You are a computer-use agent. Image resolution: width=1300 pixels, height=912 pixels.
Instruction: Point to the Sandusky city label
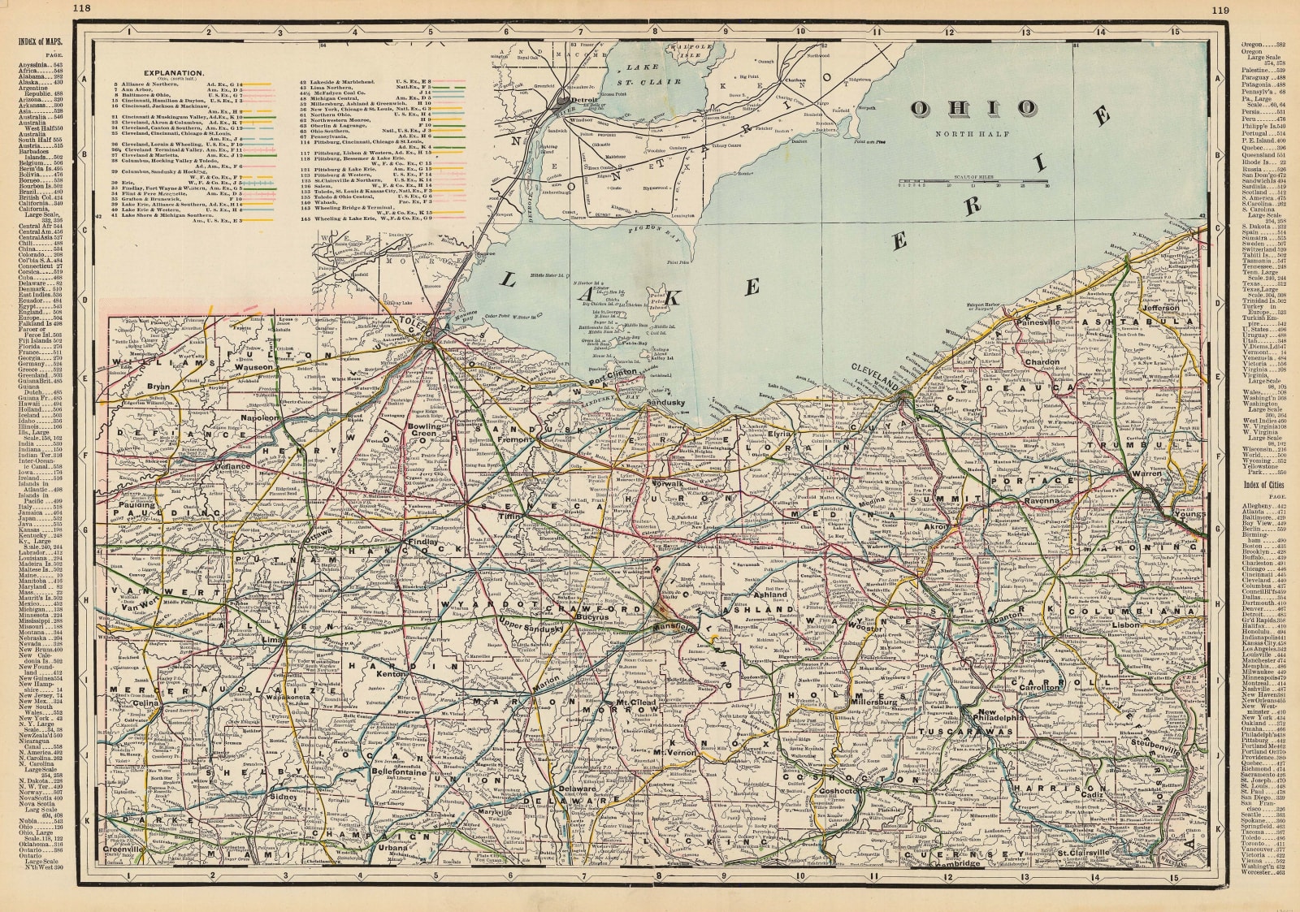(667, 403)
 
